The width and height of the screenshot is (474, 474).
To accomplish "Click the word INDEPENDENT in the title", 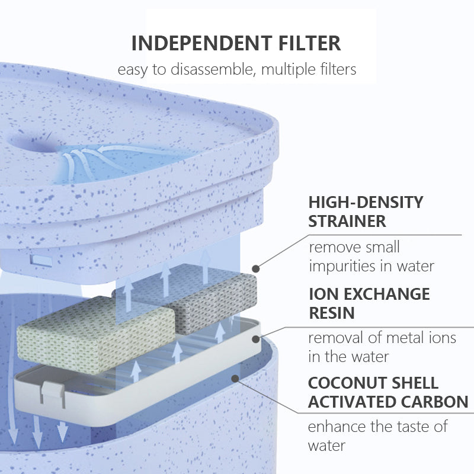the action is [x=202, y=43].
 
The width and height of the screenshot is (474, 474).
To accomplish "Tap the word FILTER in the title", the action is [x=309, y=43].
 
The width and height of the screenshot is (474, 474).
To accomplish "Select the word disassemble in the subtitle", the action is [x=212, y=69].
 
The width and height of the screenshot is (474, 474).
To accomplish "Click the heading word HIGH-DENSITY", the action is [x=366, y=202].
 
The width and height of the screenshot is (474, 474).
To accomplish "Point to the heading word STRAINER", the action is [x=347, y=221].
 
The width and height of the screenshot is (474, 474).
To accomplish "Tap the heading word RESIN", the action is [x=331, y=313].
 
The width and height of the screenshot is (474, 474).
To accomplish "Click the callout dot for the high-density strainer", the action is [x=256, y=268].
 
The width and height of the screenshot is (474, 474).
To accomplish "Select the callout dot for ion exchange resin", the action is [x=256, y=339].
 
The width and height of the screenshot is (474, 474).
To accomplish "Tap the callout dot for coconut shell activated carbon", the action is [x=235, y=378].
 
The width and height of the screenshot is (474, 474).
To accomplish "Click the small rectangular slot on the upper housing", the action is [x=42, y=261].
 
